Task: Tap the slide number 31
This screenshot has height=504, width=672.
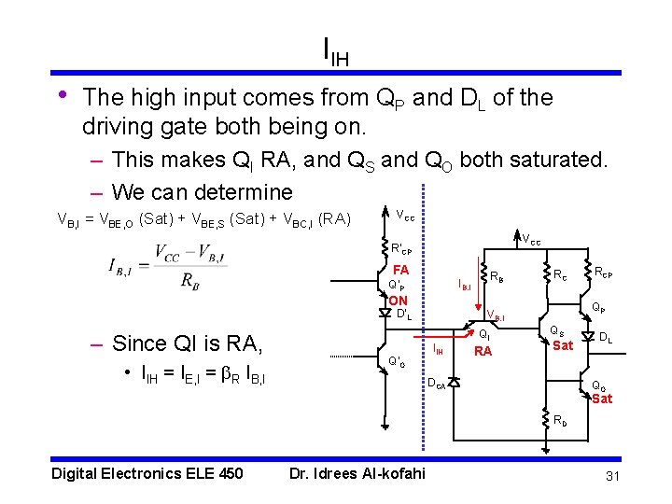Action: tap(613, 477)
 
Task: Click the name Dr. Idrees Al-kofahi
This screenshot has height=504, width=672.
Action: tap(357, 473)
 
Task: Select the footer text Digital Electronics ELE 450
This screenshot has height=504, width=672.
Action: tap(147, 473)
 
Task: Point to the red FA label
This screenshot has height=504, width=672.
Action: tap(399, 269)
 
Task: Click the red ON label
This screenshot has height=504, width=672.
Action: tap(398, 301)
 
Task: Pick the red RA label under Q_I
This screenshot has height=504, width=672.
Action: tap(483, 352)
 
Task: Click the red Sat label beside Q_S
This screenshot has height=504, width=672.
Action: tap(563, 345)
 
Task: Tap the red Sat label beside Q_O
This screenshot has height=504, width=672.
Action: tap(602, 399)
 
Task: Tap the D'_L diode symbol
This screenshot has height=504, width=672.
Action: tap(384, 313)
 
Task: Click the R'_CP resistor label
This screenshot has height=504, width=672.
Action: tap(401, 250)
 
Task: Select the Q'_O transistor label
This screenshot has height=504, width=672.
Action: tap(397, 360)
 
